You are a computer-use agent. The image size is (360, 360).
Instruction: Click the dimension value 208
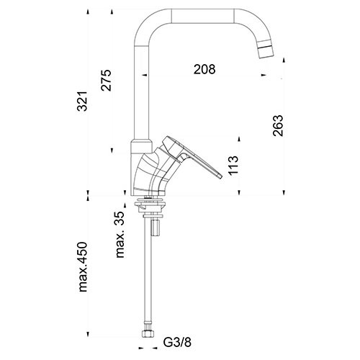tap(204, 69)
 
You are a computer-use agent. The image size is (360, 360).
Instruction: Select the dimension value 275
tap(107, 80)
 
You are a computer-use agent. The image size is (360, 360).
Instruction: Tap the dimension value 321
tap(82, 101)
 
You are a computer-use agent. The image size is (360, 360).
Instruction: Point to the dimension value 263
tap(279, 126)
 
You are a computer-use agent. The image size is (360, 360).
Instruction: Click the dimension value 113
tap(233, 166)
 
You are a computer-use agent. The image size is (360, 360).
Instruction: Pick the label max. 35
tap(120, 235)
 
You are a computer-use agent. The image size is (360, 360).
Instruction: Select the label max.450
tap(83, 267)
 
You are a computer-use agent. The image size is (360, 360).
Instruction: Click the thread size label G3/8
tap(177, 342)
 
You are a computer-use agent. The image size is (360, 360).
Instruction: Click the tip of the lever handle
tap(220, 176)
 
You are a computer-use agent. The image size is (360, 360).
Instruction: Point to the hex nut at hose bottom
tap(147, 334)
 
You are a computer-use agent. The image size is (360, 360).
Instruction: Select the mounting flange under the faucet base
tap(150, 204)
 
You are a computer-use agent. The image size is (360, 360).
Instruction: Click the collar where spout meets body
tap(141, 146)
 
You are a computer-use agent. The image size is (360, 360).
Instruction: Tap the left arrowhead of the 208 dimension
tap(145, 75)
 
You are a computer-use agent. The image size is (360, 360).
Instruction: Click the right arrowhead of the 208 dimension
tap(264, 75)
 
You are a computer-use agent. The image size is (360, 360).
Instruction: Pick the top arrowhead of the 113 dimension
tap(239, 139)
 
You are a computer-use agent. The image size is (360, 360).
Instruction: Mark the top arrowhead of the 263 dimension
tap(284, 60)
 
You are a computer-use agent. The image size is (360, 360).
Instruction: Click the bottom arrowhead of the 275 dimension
tap(112, 150)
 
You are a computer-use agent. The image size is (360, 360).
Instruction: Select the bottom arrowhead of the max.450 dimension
tap(88, 335)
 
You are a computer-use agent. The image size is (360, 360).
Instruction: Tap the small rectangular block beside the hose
tap(156, 228)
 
